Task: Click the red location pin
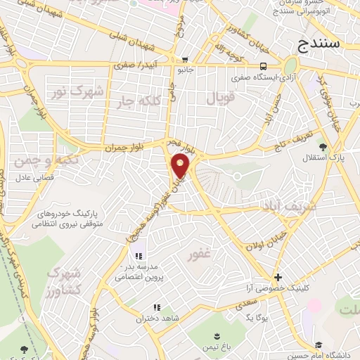(x=181, y=167)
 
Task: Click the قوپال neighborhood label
(x=219, y=98)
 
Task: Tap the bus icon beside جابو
(x=184, y=60)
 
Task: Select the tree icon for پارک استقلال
(x=323, y=147)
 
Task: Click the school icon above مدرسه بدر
(x=139, y=255)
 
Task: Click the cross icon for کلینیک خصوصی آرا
(x=278, y=278)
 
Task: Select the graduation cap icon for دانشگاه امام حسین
(x=319, y=345)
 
